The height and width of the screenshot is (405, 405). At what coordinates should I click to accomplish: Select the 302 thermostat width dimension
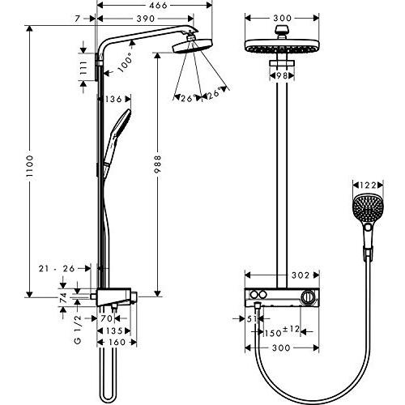pos(279,275)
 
